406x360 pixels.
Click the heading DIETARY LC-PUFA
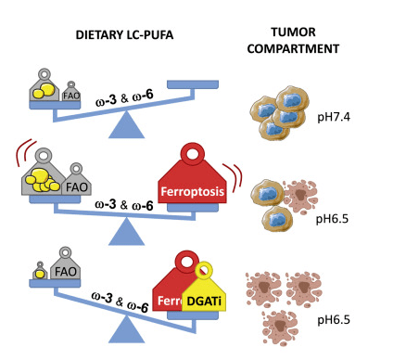[x=124, y=35]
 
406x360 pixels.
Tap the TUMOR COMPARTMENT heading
[x=293, y=41]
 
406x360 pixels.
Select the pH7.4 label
[x=334, y=117]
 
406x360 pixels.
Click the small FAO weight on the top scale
[x=71, y=92]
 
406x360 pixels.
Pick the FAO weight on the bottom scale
[x=66, y=266]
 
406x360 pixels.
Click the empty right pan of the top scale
[x=193, y=84]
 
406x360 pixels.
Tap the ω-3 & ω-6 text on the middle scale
[x=124, y=205]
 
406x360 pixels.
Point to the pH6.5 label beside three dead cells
[x=334, y=319]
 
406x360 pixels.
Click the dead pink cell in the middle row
[x=299, y=196]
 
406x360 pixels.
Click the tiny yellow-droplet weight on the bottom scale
[x=40, y=271]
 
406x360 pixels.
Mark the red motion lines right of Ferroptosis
[x=234, y=175]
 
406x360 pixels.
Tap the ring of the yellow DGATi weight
[x=204, y=271]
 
